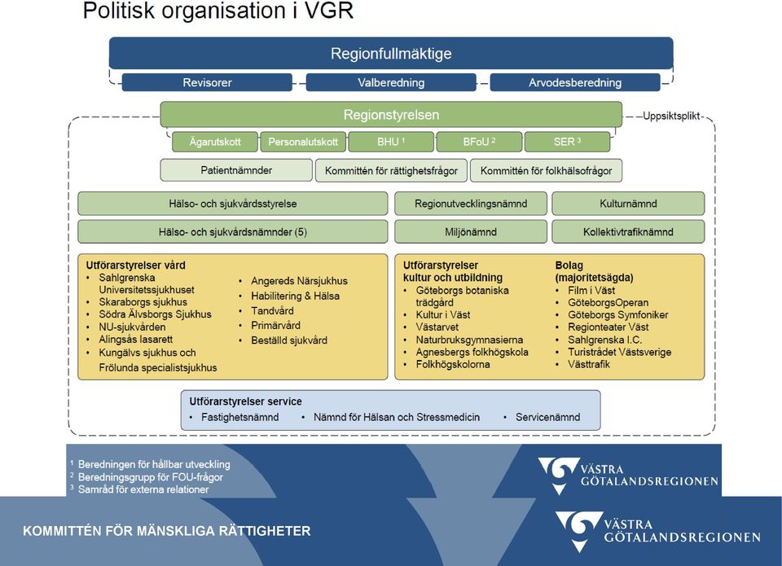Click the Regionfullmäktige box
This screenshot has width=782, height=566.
(x=391, y=53)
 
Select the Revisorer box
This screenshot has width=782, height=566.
(x=207, y=82)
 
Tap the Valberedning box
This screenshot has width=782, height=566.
(x=391, y=82)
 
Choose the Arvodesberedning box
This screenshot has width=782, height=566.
(x=575, y=82)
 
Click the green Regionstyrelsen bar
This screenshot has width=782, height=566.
(x=391, y=115)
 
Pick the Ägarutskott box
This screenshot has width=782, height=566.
(x=215, y=142)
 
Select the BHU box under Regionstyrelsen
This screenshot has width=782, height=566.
(x=391, y=142)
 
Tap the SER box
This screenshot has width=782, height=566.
(x=567, y=142)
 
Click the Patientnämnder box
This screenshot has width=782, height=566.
(x=236, y=170)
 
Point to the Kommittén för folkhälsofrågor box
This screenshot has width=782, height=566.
(x=546, y=170)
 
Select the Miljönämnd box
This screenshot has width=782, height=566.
(x=471, y=232)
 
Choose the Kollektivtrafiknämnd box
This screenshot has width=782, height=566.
(x=628, y=232)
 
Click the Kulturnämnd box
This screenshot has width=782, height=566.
(x=628, y=204)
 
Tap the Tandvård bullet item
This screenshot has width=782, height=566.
(x=272, y=310)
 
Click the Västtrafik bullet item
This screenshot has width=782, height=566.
(x=588, y=365)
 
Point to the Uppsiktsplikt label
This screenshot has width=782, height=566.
(x=671, y=116)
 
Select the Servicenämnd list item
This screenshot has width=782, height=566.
(x=547, y=417)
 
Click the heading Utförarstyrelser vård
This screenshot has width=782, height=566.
(x=136, y=265)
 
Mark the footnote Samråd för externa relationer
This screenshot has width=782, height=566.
(x=143, y=489)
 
